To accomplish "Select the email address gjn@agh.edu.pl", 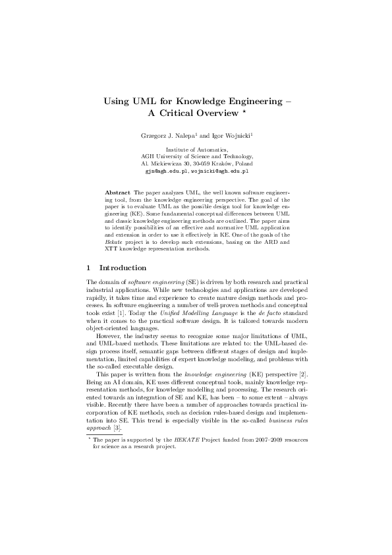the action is pos(167,169).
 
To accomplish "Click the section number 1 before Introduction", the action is pos(90,268).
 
